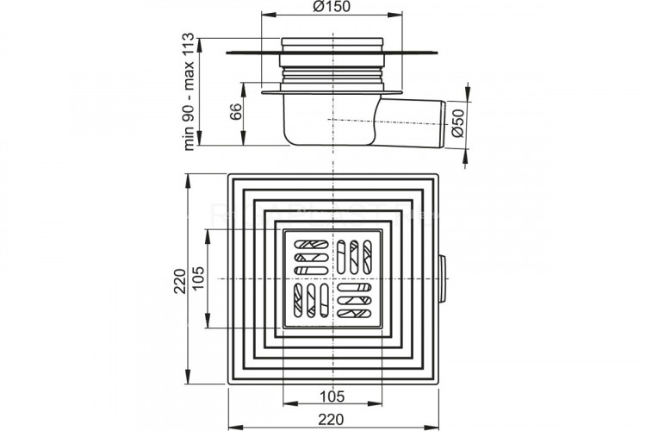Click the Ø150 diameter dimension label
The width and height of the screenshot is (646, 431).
click(332, 6)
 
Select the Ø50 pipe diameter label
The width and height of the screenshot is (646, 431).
click(457, 123)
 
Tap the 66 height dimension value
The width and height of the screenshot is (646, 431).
click(236, 112)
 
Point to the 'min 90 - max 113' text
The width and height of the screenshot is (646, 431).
click(188, 91)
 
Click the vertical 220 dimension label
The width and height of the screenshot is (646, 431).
click(180, 281)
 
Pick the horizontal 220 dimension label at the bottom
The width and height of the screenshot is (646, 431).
click(331, 420)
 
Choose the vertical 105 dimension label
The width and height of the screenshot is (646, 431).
click(198, 278)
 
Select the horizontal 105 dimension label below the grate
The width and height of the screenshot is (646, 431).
click(332, 397)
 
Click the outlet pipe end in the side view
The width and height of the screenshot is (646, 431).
click(444, 124)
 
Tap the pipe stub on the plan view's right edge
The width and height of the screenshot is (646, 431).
click(443, 279)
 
